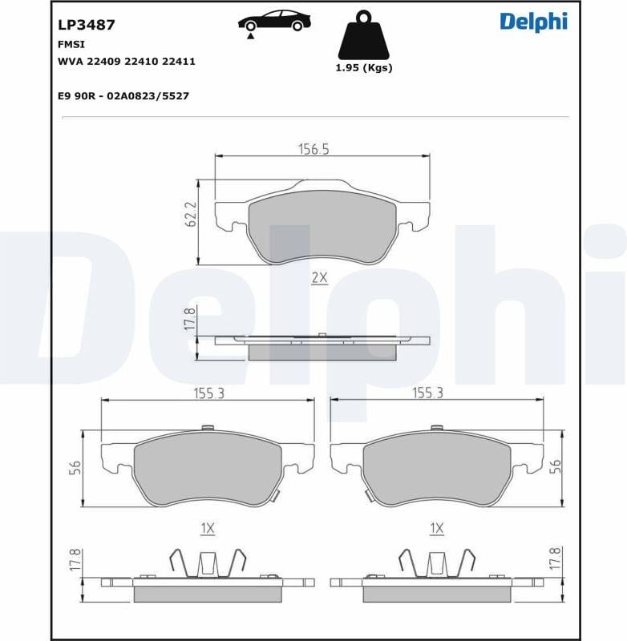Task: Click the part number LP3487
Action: tap(87, 25)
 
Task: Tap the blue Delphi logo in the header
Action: tap(534, 22)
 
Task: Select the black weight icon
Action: tap(363, 35)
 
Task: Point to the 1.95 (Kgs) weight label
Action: tap(363, 68)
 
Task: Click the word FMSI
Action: tap(71, 45)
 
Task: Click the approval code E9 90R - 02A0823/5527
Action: tap(123, 96)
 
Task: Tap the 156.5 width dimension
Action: tap(313, 149)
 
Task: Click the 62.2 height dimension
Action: tap(191, 214)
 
